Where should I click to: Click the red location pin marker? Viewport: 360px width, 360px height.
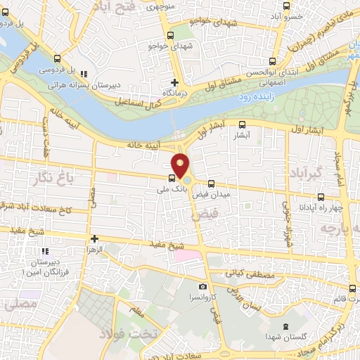coord(181,166)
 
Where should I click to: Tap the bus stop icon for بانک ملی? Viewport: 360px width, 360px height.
coord(172,177)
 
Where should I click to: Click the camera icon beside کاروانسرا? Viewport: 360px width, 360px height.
coord(203,287)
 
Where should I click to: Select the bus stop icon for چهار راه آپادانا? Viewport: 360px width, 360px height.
coord(321,197)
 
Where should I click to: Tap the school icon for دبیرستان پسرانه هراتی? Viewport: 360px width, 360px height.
coord(84,73)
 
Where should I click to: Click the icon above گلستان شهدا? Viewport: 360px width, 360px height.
coord(285,326)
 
